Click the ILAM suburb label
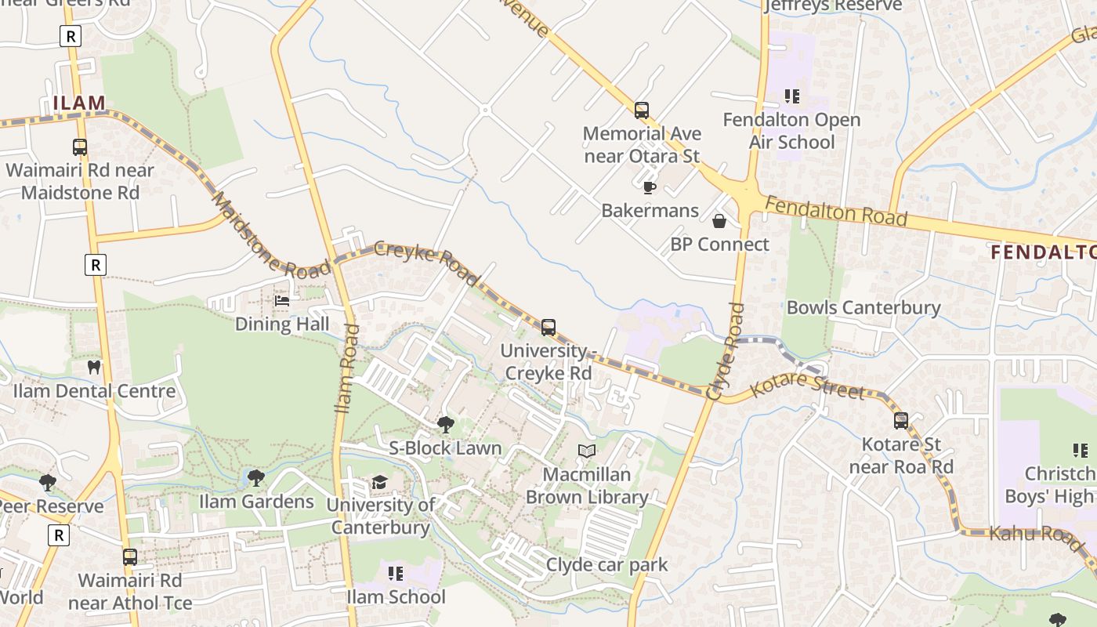[79, 103]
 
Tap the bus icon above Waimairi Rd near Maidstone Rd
[80, 147]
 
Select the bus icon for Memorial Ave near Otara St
[642, 111]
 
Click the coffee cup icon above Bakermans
[649, 187]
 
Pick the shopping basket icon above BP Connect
[719, 222]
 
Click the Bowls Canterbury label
[863, 307]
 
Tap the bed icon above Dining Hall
[282, 301]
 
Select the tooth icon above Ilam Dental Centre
[94, 367]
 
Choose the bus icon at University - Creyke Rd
[548, 328]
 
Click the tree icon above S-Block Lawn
[445, 425]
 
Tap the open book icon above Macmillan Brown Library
[587, 451]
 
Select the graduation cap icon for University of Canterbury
[380, 482]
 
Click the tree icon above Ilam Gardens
[255, 477]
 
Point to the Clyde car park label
[606, 564]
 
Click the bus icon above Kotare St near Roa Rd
[901, 421]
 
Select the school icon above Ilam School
[396, 574]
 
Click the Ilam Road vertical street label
[346, 368]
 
